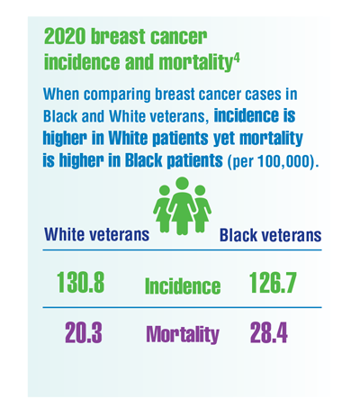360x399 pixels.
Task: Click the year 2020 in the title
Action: (x=65, y=37)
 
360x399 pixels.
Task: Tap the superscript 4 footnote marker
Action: (x=237, y=59)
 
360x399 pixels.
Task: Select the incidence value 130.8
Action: (x=80, y=282)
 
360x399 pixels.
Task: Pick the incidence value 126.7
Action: (x=273, y=282)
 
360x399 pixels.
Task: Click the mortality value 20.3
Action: (x=84, y=333)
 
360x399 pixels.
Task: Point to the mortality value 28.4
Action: (x=269, y=333)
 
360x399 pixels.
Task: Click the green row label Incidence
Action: (x=183, y=286)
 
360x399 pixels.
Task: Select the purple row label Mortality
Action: (x=183, y=334)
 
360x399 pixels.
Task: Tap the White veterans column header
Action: (x=97, y=234)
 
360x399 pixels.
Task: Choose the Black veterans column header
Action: (x=271, y=235)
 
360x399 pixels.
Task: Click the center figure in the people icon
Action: (x=182, y=205)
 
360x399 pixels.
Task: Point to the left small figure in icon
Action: (x=162, y=209)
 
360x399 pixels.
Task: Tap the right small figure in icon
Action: (x=202, y=209)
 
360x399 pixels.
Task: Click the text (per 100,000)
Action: (x=273, y=161)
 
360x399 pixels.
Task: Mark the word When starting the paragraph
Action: (x=61, y=94)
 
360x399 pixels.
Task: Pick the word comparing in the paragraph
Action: (x=117, y=95)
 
